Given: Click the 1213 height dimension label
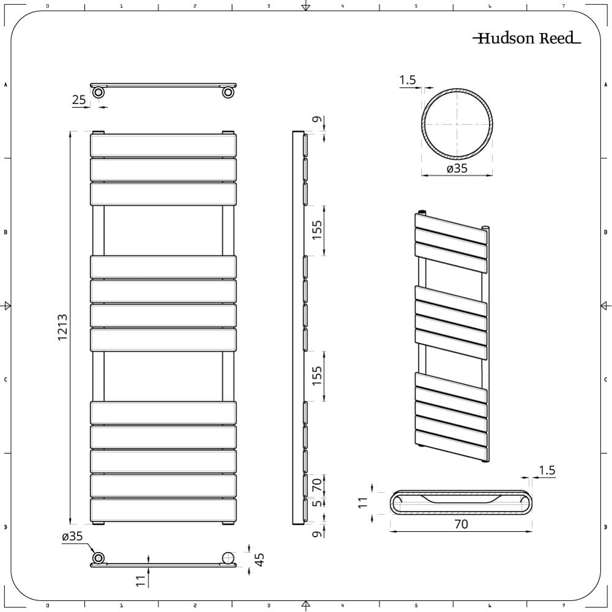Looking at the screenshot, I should click(62, 327).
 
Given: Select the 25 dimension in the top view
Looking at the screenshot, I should click(79, 100).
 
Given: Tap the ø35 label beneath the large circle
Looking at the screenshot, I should click(457, 168).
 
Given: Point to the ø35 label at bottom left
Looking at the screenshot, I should click(72, 537).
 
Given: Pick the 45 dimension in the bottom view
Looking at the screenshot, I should click(259, 559).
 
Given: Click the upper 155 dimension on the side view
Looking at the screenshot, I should click(317, 230).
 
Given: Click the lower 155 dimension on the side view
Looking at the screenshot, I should click(317, 376).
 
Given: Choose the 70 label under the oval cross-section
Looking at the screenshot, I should click(461, 524).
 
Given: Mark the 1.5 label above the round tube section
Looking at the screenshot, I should click(408, 80).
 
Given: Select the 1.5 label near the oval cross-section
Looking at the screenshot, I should click(547, 470).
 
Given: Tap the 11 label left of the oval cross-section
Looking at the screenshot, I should click(362, 502).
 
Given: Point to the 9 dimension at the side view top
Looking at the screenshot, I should click(317, 120).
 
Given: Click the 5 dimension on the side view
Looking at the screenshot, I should click(317, 503).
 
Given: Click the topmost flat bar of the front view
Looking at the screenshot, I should click(163, 146).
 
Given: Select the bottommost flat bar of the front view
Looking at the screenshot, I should click(163, 510).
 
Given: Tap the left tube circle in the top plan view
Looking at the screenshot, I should click(98, 92).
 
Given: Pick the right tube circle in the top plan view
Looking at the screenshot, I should click(228, 92).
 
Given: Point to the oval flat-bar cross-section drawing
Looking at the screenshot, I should click(461, 503).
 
